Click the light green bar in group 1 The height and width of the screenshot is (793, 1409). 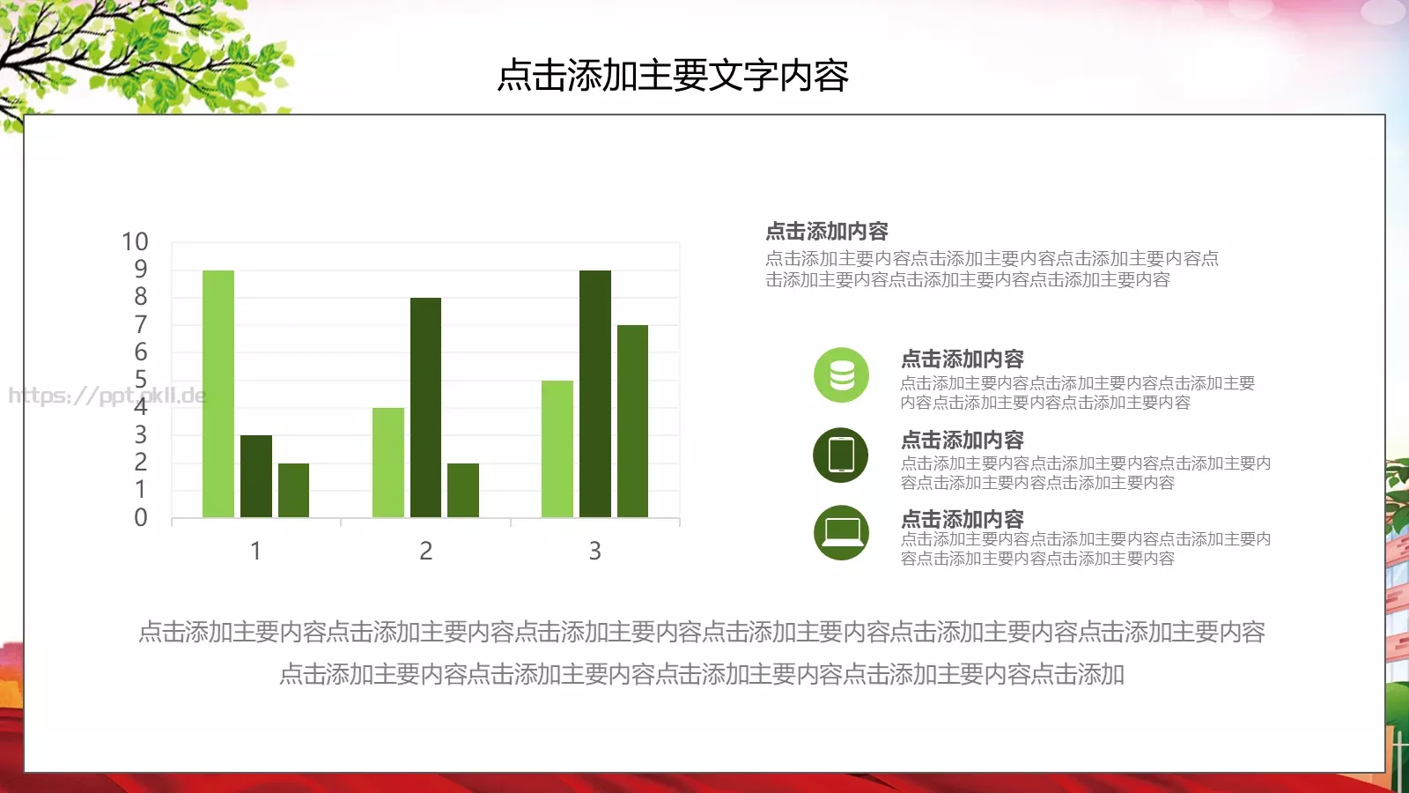pyautogui.click(x=218, y=393)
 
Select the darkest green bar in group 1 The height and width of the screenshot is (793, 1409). pyautogui.click(x=256, y=476)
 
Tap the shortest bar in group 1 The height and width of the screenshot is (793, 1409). pyautogui.click(x=293, y=490)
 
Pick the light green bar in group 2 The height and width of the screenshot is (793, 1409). pyautogui.click(x=388, y=462)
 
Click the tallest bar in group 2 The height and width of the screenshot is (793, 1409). pyautogui.click(x=425, y=407)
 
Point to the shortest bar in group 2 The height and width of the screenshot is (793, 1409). pyautogui.click(x=463, y=490)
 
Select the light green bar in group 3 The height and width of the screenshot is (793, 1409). pyautogui.click(x=557, y=448)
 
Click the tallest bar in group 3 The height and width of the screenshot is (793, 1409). pyautogui.click(x=595, y=393)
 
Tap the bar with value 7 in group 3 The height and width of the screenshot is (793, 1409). pyautogui.click(x=632, y=421)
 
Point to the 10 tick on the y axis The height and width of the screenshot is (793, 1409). pyautogui.click(x=135, y=241)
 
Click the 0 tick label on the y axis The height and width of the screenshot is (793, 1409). pyautogui.click(x=141, y=517)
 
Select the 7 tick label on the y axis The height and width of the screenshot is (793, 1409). pyautogui.click(x=141, y=324)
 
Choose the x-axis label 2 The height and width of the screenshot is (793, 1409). pyautogui.click(x=425, y=551)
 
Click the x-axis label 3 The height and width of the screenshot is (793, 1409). pyautogui.click(x=595, y=551)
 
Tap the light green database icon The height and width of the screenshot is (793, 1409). pyautogui.click(x=841, y=375)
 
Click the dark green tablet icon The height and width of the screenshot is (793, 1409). pyautogui.click(x=841, y=456)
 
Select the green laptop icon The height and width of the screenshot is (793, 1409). pyautogui.click(x=841, y=532)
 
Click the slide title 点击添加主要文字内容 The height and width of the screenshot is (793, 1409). pyautogui.click(x=673, y=76)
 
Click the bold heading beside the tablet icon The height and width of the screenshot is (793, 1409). pyautogui.click(x=963, y=439)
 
